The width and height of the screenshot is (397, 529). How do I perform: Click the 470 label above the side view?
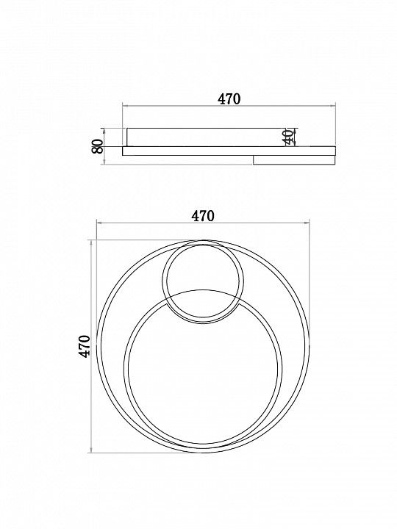pos(229,99)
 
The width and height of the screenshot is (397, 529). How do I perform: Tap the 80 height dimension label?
pos(98,146)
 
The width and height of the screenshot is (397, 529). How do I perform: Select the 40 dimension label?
pos(288,137)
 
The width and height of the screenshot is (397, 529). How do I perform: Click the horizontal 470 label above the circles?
pos(203,215)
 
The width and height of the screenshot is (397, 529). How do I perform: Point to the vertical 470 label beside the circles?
pos(85,346)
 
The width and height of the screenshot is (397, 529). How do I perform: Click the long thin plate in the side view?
pos(229,151)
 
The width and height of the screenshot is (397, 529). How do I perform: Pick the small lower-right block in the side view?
pos(294,160)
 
